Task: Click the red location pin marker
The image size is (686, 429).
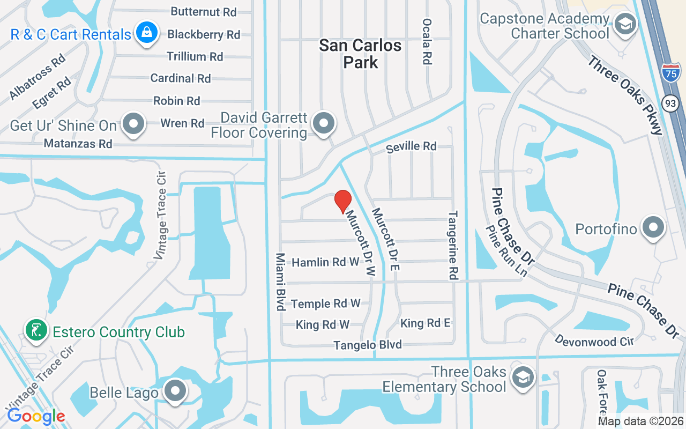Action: tap(343, 202)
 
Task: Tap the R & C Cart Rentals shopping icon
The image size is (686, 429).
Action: tap(146, 33)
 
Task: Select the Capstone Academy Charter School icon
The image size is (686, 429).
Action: tap(625, 24)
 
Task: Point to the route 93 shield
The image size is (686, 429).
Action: tap(670, 103)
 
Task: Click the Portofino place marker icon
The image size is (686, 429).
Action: tap(653, 228)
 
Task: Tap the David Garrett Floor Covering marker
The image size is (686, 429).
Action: tap(323, 123)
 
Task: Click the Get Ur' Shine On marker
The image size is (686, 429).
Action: tap(133, 124)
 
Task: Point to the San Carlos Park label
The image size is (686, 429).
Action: tap(360, 54)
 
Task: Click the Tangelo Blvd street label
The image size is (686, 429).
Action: tap(368, 345)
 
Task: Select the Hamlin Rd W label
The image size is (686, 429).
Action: tap(325, 262)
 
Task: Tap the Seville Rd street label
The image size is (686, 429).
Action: tap(412, 146)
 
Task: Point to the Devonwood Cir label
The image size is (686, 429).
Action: tap(594, 341)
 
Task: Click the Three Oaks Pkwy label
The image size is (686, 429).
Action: tap(625, 94)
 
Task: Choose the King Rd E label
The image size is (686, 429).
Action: tap(426, 323)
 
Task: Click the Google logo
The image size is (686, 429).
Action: tap(36, 416)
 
